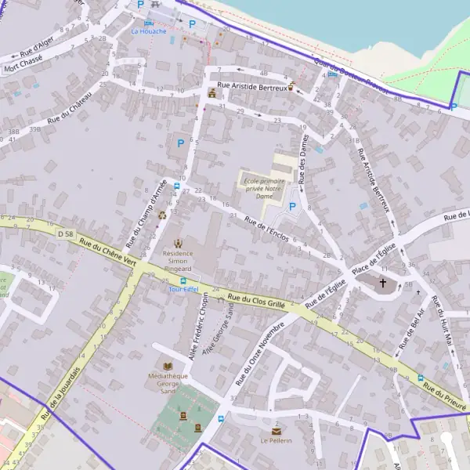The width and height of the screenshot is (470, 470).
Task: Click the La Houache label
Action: click(149, 31)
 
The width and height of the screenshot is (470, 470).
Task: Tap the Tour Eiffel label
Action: click(183, 289)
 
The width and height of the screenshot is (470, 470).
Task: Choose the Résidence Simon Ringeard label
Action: click(177, 258)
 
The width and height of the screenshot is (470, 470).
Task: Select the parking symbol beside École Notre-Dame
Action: click(293, 207)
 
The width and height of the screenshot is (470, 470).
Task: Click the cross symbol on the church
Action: click(383, 283)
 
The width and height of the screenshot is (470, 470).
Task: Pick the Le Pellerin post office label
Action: click(277, 441)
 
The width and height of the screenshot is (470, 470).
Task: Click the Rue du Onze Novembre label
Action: click(250, 354)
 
